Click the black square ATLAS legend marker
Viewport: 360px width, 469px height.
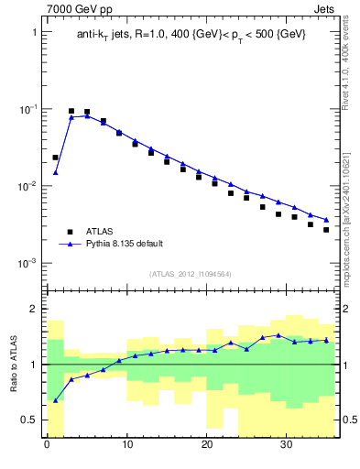(70, 232)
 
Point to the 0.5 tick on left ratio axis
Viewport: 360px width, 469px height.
(29, 420)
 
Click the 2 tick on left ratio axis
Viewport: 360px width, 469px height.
(33, 309)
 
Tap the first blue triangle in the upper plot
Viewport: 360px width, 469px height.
(55, 172)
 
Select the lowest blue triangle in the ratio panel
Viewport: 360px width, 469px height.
(55, 400)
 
